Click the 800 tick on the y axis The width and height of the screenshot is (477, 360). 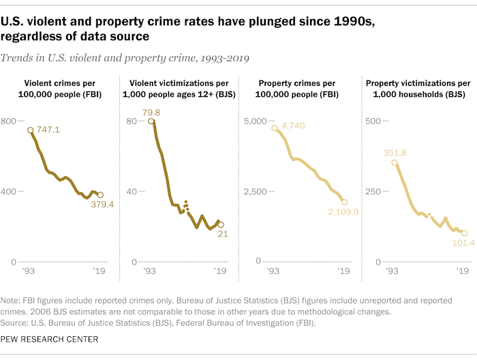click(x=9, y=121)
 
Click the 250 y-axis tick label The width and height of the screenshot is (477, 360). click(x=372, y=191)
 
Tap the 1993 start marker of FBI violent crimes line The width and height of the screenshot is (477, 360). click(x=30, y=130)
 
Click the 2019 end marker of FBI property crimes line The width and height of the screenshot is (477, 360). click(x=345, y=202)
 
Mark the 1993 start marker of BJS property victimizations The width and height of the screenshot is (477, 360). click(x=395, y=163)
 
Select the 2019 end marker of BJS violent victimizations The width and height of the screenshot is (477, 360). click(x=221, y=224)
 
